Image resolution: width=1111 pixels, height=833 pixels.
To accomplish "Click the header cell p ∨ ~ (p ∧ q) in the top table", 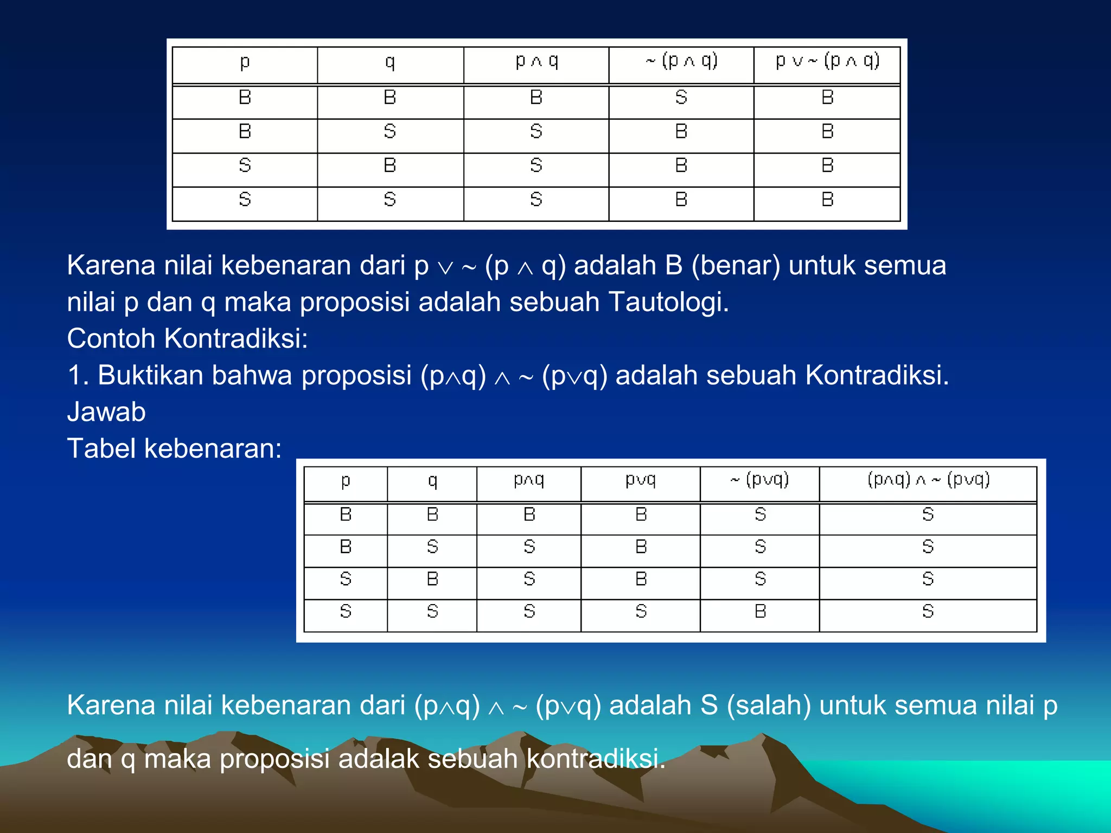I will (x=827, y=62).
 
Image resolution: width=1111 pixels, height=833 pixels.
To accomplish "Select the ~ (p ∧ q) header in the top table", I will (x=681, y=62).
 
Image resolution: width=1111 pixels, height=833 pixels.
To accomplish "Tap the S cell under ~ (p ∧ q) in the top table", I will (x=681, y=98).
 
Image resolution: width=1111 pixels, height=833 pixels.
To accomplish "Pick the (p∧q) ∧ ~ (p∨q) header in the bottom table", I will (x=928, y=480).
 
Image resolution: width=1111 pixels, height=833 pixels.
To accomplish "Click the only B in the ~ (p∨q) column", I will (x=760, y=612).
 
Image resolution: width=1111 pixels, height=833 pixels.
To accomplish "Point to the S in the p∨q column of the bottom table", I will (x=641, y=612).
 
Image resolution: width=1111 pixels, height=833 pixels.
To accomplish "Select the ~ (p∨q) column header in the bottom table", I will (x=759, y=480).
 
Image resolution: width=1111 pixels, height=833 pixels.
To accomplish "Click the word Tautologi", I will (x=668, y=302).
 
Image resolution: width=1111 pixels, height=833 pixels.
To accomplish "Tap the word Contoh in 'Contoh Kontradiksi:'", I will (x=111, y=338).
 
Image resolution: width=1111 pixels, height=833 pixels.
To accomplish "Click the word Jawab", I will (x=106, y=412).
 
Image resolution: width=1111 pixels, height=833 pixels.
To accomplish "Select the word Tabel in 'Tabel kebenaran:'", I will (x=101, y=449).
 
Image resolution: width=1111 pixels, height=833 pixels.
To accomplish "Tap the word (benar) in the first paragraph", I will (x=736, y=266).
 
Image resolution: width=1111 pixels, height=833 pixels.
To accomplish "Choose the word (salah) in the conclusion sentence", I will (x=769, y=706).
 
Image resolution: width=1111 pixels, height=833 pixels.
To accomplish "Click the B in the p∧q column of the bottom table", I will (x=529, y=514).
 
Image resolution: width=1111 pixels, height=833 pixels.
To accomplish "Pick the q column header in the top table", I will (x=390, y=63).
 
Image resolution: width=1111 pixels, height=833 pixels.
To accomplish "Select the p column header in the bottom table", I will (x=346, y=482).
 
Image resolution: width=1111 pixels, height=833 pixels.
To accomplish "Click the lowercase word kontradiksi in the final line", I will (x=595, y=758).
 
